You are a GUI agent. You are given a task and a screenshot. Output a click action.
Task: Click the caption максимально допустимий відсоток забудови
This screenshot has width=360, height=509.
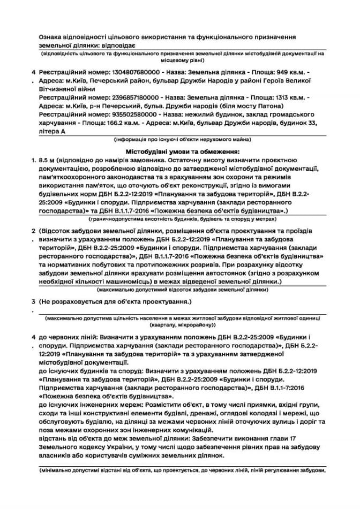point(182,289)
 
